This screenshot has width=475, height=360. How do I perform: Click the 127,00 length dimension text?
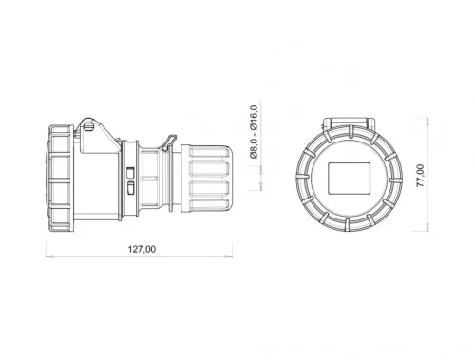click(x=141, y=250)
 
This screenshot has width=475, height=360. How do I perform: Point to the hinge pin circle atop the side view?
click(x=87, y=123)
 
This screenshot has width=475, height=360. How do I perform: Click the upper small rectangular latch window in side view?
click(x=132, y=171)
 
